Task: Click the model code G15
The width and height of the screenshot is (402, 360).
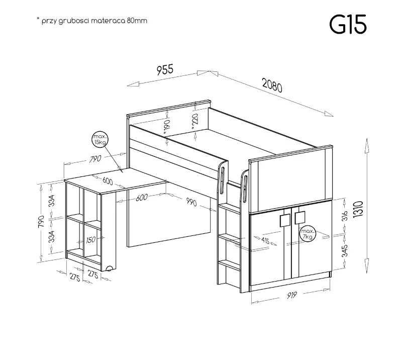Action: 348,25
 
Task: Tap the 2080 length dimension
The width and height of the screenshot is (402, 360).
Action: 272,85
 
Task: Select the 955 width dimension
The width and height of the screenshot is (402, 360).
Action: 165,70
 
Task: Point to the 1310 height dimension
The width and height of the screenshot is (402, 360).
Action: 358,209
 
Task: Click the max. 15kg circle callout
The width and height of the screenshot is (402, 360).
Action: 99,140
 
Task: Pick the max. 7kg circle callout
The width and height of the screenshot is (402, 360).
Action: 308,234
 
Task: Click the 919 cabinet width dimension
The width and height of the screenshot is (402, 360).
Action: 291,295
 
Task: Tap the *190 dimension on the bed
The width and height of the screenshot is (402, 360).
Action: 167,127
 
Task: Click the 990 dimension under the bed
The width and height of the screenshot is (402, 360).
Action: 191,202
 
